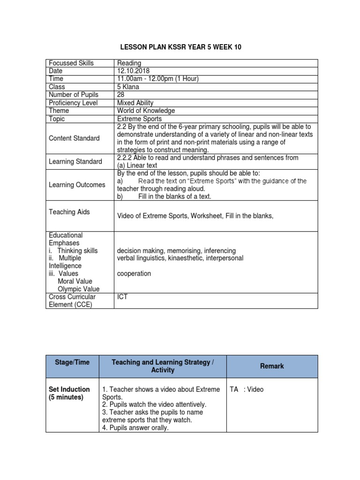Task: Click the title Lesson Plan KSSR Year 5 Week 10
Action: pos(182,47)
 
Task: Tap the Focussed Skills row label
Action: pos(71,63)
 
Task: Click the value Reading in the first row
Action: pos(129,63)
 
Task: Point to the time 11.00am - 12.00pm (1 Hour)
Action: pos(158,79)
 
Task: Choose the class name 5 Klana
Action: pos(129,87)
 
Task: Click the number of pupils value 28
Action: pos(121,95)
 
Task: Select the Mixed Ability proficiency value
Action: pos(135,103)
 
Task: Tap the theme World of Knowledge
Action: pos(146,111)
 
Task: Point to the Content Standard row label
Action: pos(74,138)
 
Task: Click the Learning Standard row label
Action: pos(75,162)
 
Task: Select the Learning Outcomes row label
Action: pos(77,185)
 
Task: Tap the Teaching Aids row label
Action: pos(69,212)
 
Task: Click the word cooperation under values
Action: pos(134,273)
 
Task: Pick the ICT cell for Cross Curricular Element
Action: pos(123,297)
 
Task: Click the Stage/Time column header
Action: pos(73,362)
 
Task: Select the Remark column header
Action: pos(272,366)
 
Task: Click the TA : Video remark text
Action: pos(247,389)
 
